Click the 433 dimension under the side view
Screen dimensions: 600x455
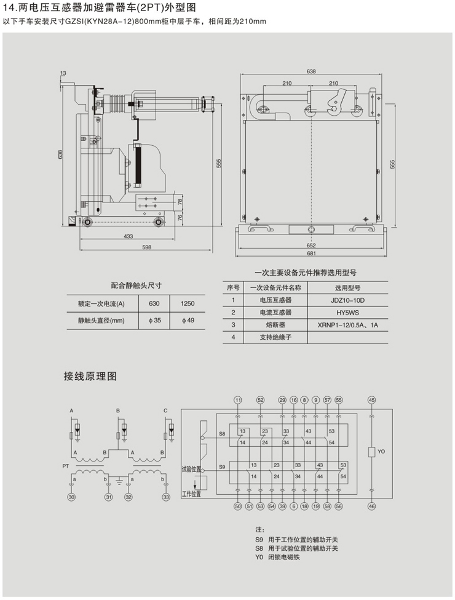click(x=129, y=237)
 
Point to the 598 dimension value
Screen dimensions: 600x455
click(x=146, y=247)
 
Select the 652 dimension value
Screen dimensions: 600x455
click(x=311, y=243)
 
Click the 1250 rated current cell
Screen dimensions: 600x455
click(x=188, y=304)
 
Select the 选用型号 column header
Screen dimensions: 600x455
click(x=347, y=287)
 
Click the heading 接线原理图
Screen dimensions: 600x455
click(x=90, y=376)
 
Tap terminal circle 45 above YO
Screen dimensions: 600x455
click(x=371, y=401)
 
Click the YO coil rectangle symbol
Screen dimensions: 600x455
click(x=371, y=452)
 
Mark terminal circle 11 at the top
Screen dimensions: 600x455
click(x=239, y=401)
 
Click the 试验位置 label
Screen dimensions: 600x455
click(x=191, y=469)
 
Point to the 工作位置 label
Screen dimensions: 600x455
click(x=191, y=494)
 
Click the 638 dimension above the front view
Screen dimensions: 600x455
click(x=311, y=72)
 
